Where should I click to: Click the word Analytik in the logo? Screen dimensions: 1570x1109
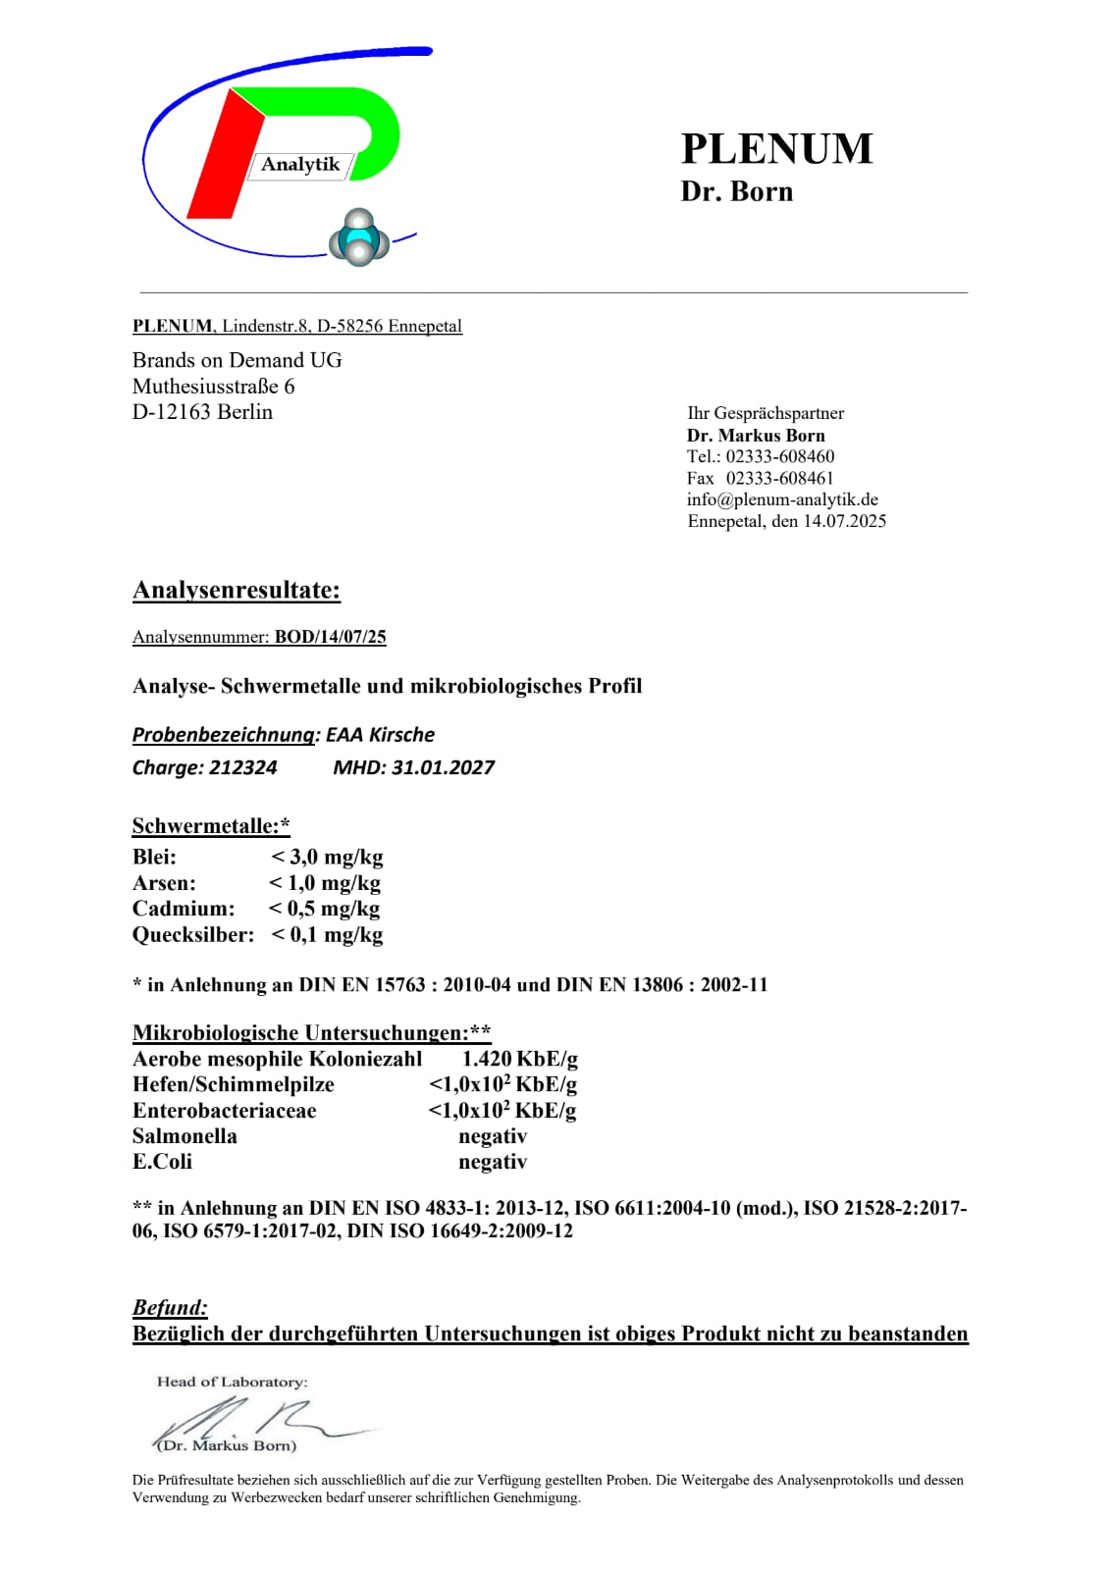(x=300, y=165)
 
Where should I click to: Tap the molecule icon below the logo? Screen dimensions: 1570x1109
(x=359, y=238)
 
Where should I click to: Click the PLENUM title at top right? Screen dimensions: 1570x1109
(x=776, y=149)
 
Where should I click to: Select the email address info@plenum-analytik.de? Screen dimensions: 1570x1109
(x=782, y=499)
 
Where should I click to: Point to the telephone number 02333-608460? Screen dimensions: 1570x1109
(x=780, y=456)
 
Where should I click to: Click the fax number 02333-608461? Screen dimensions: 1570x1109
(x=780, y=478)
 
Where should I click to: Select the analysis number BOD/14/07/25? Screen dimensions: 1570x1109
(x=330, y=637)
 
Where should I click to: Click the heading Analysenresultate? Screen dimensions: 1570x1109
(x=237, y=590)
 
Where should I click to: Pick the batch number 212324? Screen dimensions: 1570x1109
(x=243, y=767)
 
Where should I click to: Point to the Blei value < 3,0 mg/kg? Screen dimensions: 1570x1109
(x=327, y=857)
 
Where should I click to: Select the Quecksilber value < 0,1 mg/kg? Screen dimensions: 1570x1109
(x=327, y=934)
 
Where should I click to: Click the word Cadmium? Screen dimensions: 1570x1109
(x=184, y=909)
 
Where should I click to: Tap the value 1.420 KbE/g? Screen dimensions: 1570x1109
(x=520, y=1059)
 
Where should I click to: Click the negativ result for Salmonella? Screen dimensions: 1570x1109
(x=493, y=1136)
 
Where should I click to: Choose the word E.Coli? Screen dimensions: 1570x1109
(x=162, y=1162)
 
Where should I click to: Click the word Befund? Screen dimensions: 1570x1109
(x=170, y=1307)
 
